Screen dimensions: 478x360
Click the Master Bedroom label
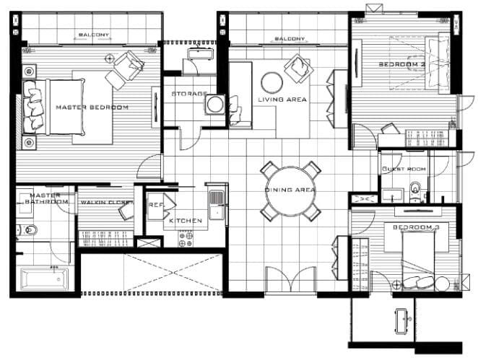click(x=92, y=107)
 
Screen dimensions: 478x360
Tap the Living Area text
click(x=282, y=100)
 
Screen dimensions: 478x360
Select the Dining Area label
click(x=290, y=190)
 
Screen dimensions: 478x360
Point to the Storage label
click(x=189, y=94)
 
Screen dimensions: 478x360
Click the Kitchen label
click(x=186, y=221)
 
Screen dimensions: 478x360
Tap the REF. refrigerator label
click(x=157, y=205)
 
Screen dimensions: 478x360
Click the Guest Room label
click(x=404, y=169)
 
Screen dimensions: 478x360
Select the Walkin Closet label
click(x=107, y=202)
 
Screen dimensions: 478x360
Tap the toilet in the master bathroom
click(x=27, y=229)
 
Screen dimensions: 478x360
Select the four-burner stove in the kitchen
click(x=186, y=239)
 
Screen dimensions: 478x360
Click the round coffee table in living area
click(x=272, y=83)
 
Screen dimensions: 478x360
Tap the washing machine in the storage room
click(x=215, y=105)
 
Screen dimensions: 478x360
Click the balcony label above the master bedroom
click(x=94, y=35)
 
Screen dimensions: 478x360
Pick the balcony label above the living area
click(x=290, y=39)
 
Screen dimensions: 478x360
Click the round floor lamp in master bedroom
click(x=109, y=58)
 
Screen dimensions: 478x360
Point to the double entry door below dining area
click(x=290, y=280)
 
